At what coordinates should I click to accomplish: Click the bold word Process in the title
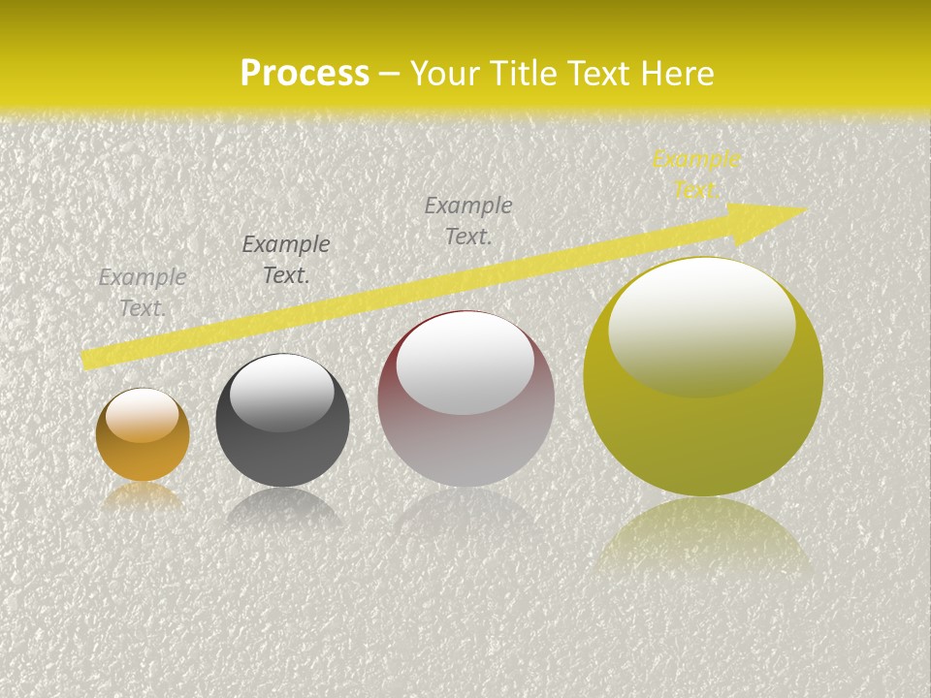point(305,74)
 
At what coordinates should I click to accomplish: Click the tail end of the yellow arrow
point(85,360)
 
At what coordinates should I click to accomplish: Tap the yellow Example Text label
point(695,174)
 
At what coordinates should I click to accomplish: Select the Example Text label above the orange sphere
point(143,292)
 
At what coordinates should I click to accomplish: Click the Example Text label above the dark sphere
point(286,259)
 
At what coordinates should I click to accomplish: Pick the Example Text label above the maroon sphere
point(468,220)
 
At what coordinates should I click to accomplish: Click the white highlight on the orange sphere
point(143,415)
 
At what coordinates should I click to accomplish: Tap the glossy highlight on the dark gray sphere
point(282,392)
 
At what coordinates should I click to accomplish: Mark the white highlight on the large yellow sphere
point(702,325)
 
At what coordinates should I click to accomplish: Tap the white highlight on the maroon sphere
point(465,362)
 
